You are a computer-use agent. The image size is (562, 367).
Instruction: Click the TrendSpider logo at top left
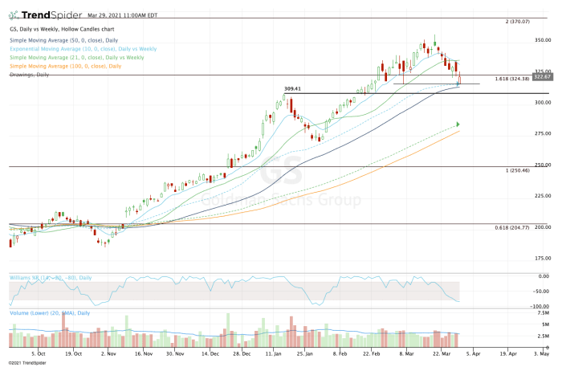[x=39, y=15]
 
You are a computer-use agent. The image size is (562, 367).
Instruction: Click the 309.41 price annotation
[x=293, y=89]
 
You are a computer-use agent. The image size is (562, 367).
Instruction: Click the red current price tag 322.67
[x=545, y=76]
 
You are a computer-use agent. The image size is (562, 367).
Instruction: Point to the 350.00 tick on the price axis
[x=544, y=40]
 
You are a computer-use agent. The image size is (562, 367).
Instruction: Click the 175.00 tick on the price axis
[x=544, y=259]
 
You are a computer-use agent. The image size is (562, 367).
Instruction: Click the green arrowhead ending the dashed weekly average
[x=458, y=124]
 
